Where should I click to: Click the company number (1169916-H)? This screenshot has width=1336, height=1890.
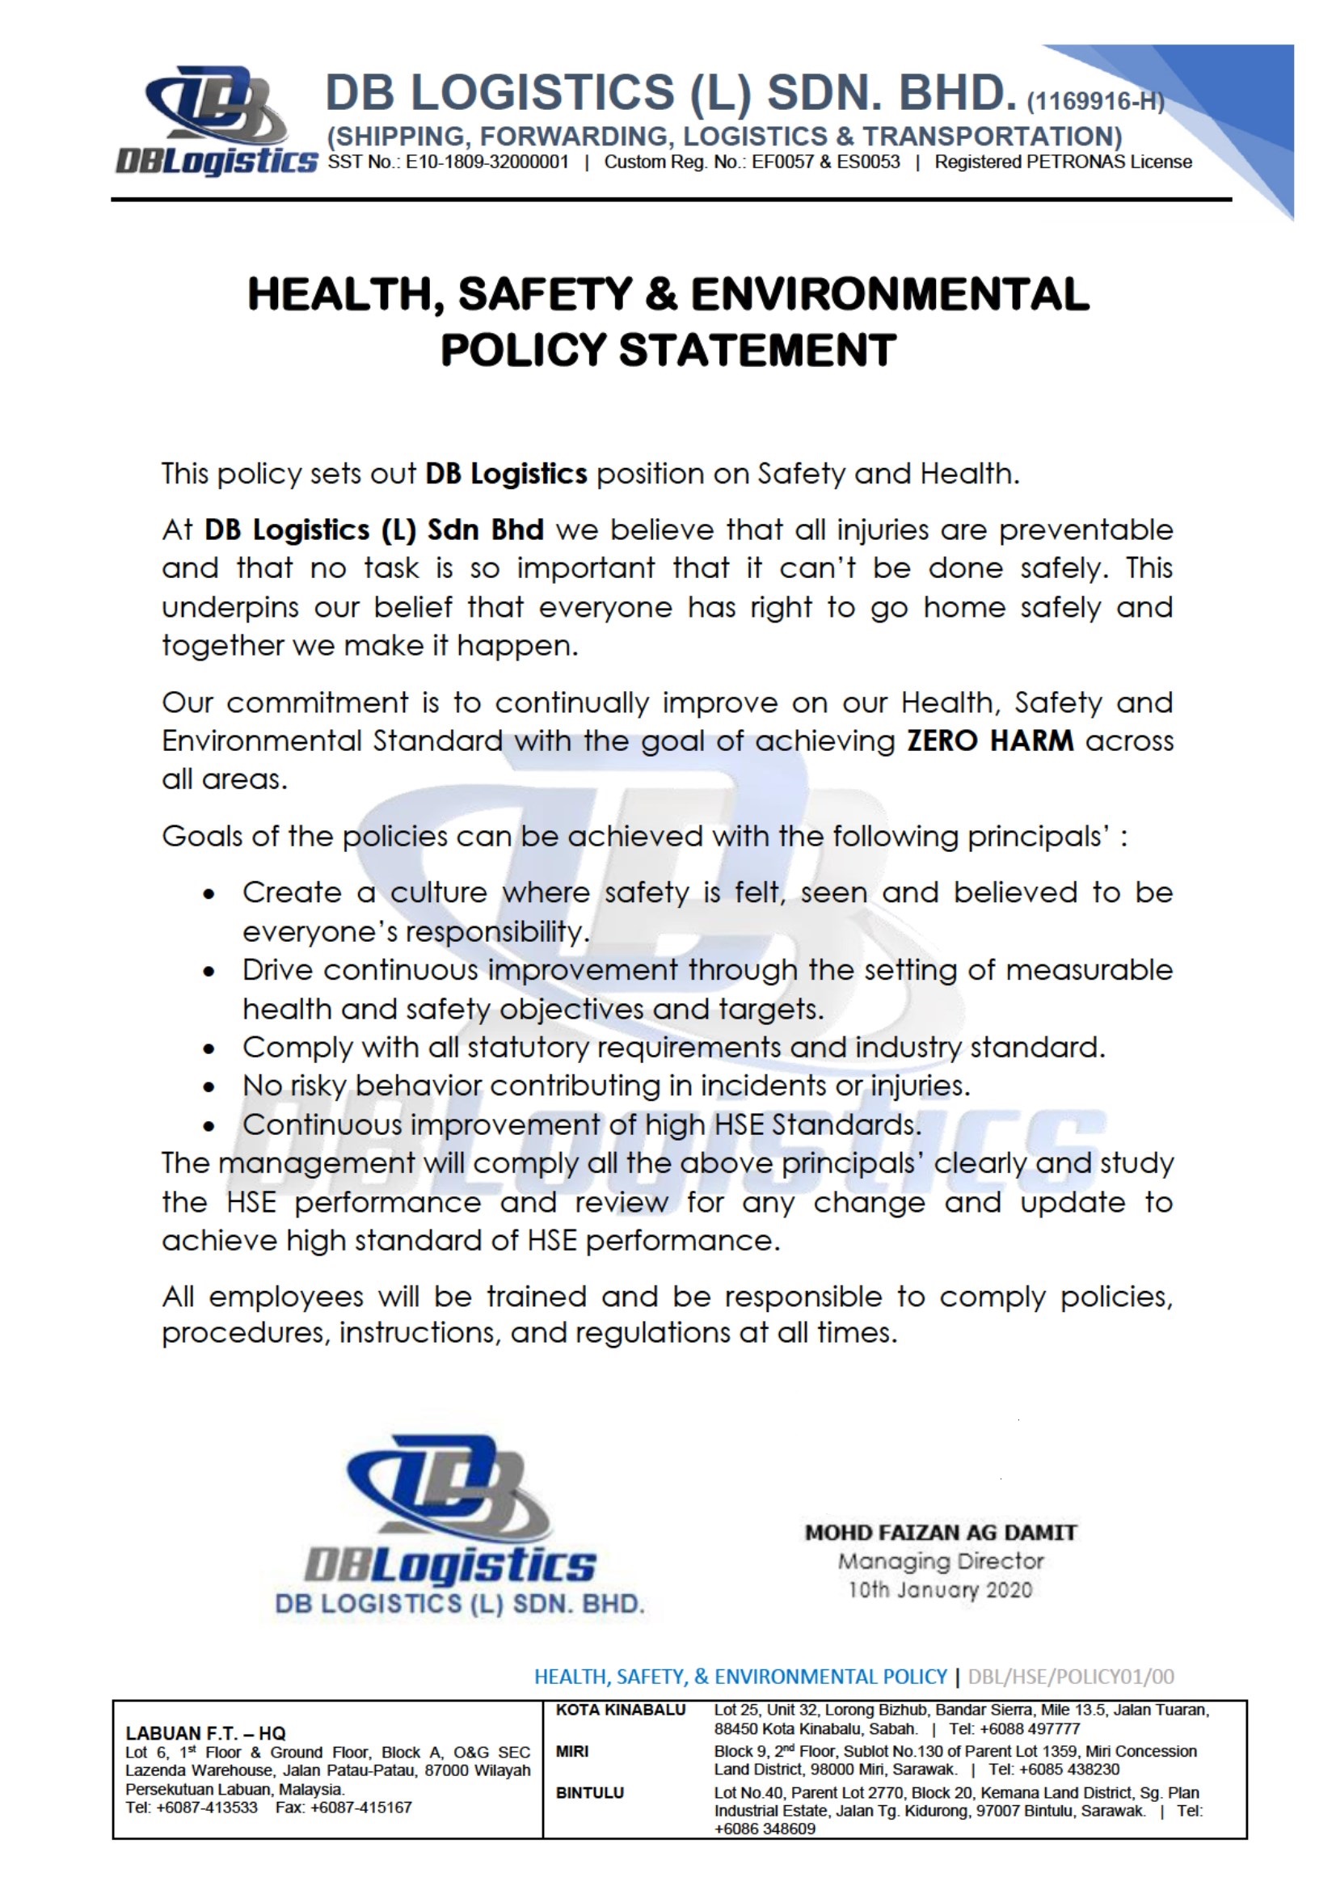tap(1095, 102)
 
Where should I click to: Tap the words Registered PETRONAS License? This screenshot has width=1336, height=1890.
tap(1063, 162)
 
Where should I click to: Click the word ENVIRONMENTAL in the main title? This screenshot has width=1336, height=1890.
tap(889, 295)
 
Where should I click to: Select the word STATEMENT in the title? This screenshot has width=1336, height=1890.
tap(757, 351)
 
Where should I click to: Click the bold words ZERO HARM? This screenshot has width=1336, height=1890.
tap(989, 740)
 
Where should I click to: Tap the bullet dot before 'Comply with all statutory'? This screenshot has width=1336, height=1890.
tap(211, 1049)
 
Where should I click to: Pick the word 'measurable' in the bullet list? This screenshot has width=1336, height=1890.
tap(1089, 970)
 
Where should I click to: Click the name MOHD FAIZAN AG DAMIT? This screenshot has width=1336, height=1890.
tap(940, 1533)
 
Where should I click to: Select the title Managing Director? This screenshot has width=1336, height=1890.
tap(940, 1562)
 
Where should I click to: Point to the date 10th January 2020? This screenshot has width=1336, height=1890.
tap(940, 1589)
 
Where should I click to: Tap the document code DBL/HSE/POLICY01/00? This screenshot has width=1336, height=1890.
tap(1071, 1677)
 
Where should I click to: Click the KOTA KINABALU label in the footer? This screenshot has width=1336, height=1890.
tap(620, 1711)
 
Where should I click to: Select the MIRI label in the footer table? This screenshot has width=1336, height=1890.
tap(572, 1751)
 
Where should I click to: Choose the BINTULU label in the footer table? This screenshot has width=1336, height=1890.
tap(589, 1793)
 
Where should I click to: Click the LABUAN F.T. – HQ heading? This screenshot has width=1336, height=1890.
tap(205, 1734)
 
